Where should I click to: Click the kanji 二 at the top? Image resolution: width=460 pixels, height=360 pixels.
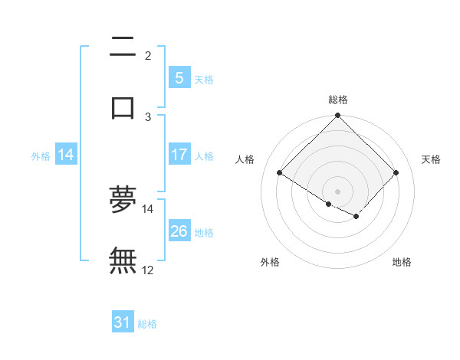123,47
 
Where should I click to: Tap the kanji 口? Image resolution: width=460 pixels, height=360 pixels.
123,106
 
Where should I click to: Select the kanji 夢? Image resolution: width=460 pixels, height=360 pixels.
123,198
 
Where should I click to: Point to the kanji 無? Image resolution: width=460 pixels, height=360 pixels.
123,260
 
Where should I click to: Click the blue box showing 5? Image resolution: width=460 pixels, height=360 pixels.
179,78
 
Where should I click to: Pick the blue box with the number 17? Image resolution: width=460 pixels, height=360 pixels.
179,155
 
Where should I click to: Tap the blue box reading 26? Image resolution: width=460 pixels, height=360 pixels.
179,231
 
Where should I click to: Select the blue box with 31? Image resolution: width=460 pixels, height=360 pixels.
123,322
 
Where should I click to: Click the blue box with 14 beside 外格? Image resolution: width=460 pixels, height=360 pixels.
66,155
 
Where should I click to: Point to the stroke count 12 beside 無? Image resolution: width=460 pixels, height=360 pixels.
148,270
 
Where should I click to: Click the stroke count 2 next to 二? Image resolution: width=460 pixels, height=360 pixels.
148,56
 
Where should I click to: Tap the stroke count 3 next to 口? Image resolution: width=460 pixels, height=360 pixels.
148,116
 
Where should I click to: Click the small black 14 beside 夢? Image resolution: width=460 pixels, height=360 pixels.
148,208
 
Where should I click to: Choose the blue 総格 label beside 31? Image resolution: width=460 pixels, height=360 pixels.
147,324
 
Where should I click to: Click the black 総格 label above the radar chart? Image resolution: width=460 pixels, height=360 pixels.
338,100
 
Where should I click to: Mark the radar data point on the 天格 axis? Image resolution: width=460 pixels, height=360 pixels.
396,172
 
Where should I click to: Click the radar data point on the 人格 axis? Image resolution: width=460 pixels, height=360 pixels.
280,172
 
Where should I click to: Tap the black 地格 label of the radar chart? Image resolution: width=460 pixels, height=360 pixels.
402,262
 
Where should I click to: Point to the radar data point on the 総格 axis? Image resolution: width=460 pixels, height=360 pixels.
338,116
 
